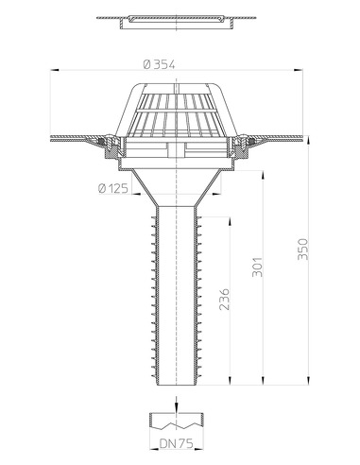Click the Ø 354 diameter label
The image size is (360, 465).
[159, 64]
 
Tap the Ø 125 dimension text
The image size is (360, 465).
[113, 188]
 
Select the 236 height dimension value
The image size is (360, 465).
[225, 299]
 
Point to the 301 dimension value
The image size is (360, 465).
[257, 267]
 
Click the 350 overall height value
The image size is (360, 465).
[302, 249]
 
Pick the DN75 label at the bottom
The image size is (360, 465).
[177, 443]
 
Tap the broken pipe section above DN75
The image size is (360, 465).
[177, 421]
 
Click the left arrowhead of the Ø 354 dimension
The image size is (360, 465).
[55, 70]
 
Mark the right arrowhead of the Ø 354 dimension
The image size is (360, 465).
[299, 70]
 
